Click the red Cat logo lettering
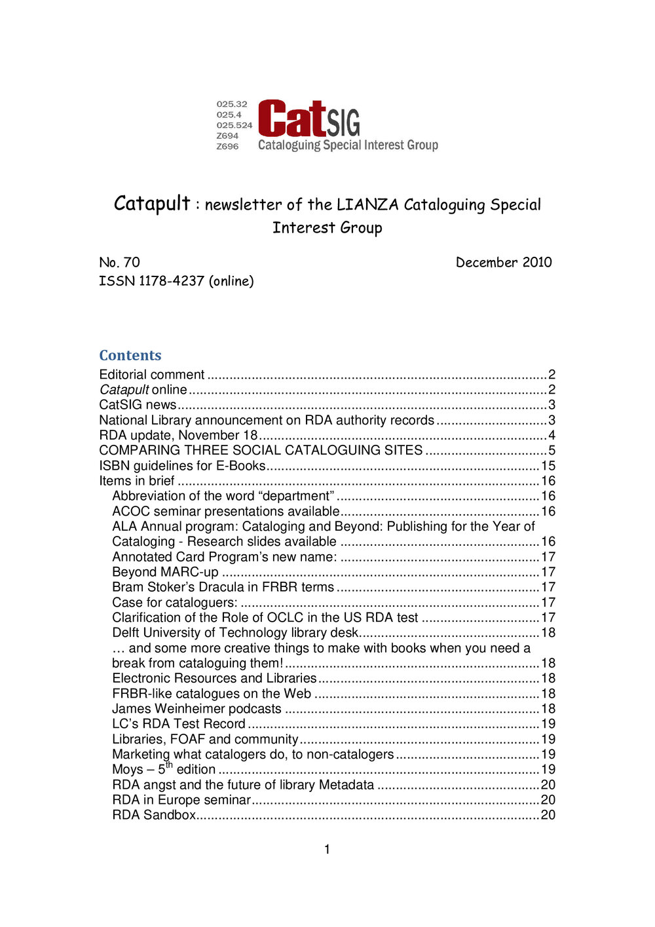tap(291, 119)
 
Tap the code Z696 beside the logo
tap(227, 146)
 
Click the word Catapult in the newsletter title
tap(152, 203)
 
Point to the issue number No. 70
tap(119, 262)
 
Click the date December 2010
tap(504, 262)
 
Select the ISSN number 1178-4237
tap(171, 281)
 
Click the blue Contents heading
tap(130, 355)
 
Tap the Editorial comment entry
tap(152, 375)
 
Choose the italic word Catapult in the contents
tap(124, 390)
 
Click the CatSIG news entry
tap(138, 405)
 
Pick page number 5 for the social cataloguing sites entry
tap(552, 451)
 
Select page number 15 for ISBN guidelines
tap(548, 466)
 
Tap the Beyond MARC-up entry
tap(165, 572)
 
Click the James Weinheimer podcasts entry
tap(196, 709)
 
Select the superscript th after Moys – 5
tap(169, 765)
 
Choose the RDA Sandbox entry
tap(154, 815)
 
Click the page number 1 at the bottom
tap(327, 850)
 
